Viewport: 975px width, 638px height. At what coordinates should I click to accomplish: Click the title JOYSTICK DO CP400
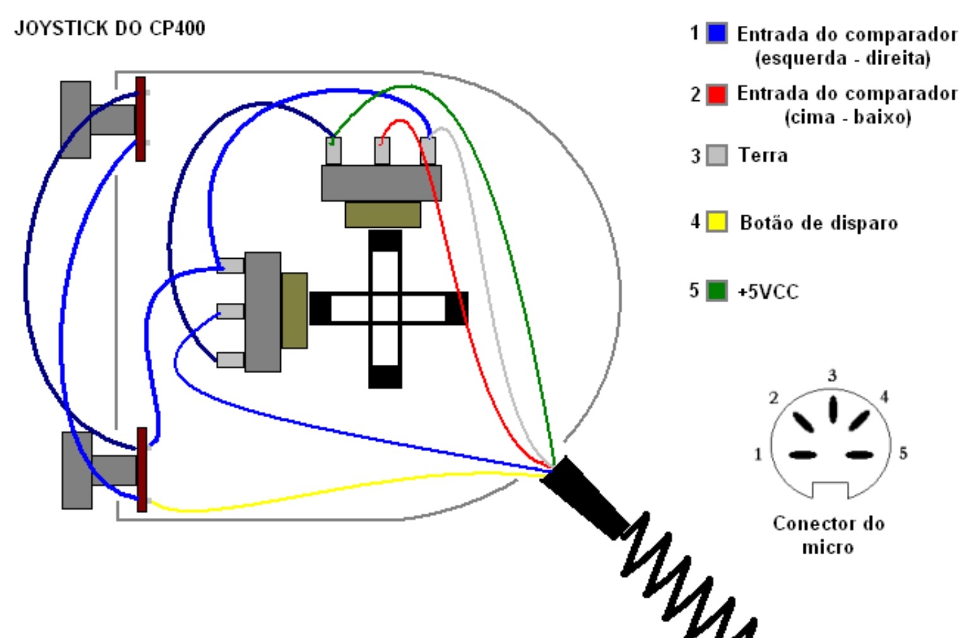click(110, 29)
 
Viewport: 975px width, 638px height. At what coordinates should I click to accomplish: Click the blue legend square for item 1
click(716, 33)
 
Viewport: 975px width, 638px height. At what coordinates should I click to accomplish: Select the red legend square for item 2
click(716, 94)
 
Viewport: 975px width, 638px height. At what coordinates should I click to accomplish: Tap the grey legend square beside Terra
click(716, 155)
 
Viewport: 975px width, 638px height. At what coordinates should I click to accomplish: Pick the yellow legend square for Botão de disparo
click(716, 222)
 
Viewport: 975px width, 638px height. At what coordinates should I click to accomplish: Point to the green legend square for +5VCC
click(716, 291)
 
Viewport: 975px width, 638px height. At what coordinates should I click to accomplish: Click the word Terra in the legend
click(763, 155)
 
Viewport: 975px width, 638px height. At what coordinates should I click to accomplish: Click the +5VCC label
click(768, 292)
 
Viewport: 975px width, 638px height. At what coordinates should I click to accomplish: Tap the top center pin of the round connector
click(832, 409)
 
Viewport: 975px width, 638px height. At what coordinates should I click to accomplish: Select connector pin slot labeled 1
click(803, 455)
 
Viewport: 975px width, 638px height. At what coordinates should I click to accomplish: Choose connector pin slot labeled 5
click(860, 455)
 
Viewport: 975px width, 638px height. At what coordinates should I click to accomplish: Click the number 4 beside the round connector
click(884, 397)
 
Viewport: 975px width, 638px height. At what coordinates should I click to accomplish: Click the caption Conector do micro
click(829, 535)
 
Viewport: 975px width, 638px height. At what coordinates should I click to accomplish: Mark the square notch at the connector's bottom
click(830, 490)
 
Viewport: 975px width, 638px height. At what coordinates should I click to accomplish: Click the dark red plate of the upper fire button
click(140, 119)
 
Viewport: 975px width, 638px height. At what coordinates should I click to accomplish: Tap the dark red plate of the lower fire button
click(142, 470)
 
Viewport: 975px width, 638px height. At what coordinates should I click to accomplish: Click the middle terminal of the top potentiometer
click(382, 151)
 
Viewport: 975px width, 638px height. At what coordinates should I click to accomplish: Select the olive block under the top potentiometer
click(383, 214)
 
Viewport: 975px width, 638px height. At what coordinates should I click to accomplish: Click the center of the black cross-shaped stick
click(385, 309)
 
